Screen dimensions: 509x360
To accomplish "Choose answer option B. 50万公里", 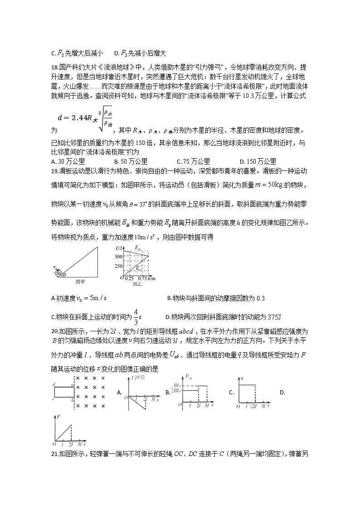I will click(131, 161).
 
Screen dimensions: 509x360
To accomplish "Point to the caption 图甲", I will click(80, 281).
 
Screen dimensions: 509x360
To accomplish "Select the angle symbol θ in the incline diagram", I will click(64, 274).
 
